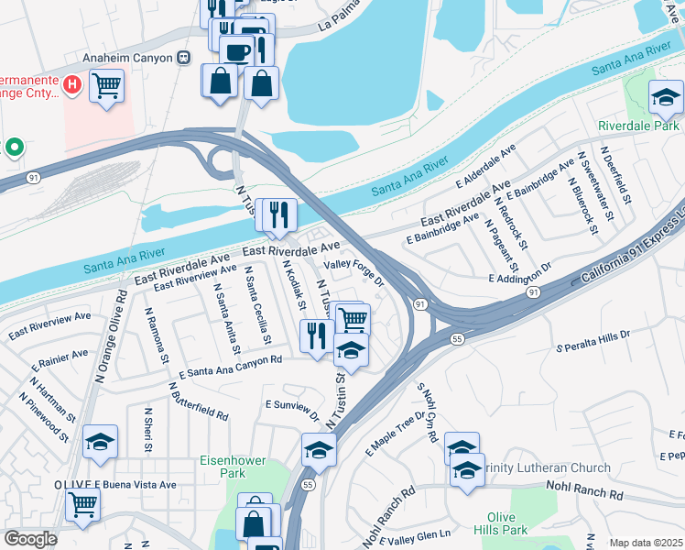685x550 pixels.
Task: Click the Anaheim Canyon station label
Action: (127, 57)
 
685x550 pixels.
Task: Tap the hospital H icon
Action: (73, 84)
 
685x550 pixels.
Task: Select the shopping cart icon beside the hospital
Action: (107, 87)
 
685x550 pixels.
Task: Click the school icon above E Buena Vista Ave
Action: (100, 442)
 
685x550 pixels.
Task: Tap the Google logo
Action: (30, 539)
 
